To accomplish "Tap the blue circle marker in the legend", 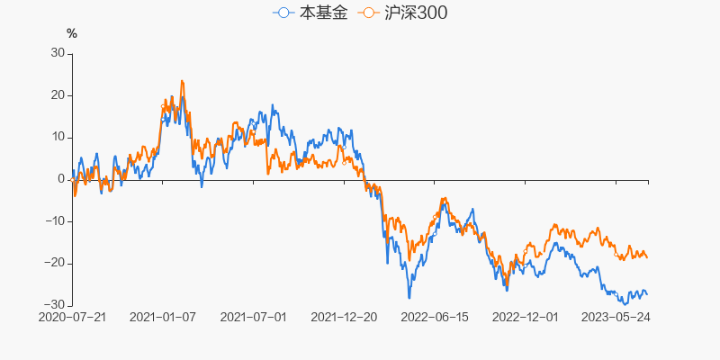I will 284,13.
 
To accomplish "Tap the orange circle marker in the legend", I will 368,13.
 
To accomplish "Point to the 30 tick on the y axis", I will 58,53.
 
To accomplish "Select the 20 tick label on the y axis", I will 58,95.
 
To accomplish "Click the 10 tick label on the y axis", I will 58,137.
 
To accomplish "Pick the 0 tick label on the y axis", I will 61,179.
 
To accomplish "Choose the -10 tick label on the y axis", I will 55,221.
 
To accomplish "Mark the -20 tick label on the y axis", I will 55,263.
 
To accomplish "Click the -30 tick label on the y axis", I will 55,305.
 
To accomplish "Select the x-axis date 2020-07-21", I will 72,318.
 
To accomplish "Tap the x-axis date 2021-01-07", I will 163,318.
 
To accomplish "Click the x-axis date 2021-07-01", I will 254,318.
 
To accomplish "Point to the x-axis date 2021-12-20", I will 345,318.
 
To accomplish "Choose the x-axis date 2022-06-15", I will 435,318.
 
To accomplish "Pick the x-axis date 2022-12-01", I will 526,318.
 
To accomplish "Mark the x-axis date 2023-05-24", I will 616,318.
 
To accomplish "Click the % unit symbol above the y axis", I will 72,34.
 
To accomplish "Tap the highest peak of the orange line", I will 182,81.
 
